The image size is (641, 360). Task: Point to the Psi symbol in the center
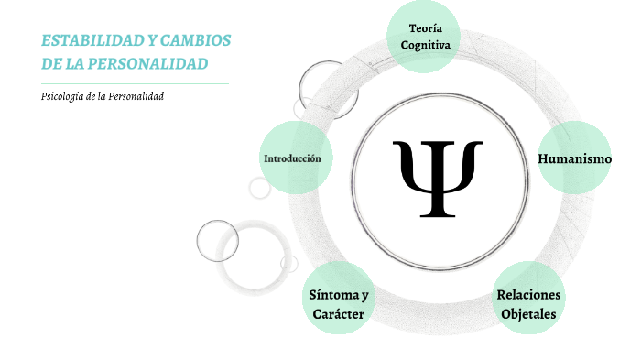point(437,178)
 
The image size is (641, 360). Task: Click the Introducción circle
point(292,158)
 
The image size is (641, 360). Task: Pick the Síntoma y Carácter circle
point(338,303)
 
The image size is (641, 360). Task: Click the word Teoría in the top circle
point(422,28)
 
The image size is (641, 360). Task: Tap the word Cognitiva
point(422,45)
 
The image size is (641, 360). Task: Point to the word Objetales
point(528,314)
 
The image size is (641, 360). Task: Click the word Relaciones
point(528,294)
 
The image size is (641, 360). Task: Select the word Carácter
point(338,314)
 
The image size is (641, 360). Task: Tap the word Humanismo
point(574,158)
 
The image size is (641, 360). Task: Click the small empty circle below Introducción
point(260,188)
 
